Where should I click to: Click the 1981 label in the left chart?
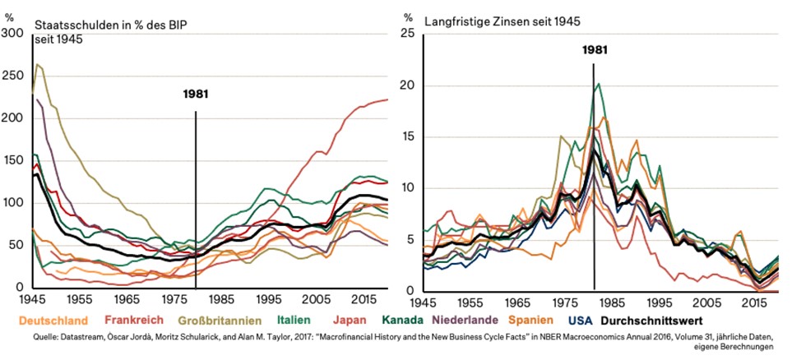196,94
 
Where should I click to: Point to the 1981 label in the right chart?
595,50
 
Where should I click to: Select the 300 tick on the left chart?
13,32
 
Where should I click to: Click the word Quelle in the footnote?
20,337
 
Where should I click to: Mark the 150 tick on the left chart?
13,160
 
